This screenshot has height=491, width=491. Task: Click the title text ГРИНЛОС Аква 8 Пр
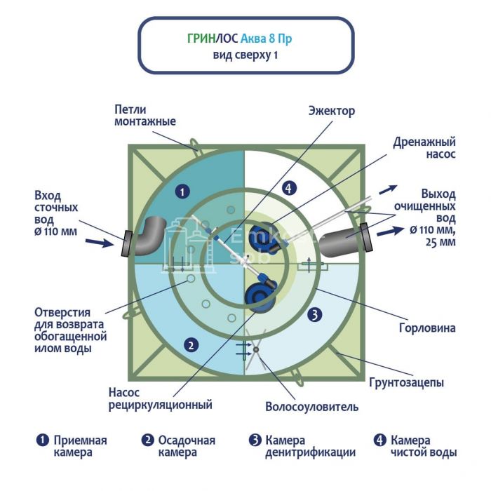click(240, 39)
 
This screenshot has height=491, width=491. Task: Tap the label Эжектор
click(332, 111)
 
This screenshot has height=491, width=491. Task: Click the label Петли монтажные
click(145, 116)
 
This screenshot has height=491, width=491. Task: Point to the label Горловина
click(430, 328)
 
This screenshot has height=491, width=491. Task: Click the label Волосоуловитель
click(312, 406)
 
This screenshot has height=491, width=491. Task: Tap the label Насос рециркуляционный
click(161, 399)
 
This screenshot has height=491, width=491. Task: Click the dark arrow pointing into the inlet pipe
click(99, 243)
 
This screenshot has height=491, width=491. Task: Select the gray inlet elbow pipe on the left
click(149, 236)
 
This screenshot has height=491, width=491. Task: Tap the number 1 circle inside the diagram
click(182, 190)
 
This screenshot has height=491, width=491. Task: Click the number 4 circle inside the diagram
click(286, 187)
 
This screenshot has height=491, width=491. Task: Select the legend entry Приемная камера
click(73, 446)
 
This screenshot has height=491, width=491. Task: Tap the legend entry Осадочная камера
click(178, 446)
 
